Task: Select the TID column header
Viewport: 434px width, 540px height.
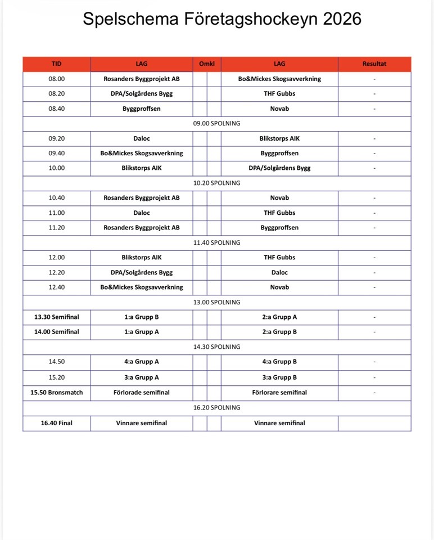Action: click(x=56, y=64)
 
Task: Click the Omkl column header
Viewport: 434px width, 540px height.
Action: click(x=207, y=64)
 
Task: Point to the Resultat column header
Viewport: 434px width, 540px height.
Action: click(x=374, y=64)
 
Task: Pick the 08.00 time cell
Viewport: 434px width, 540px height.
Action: click(x=56, y=79)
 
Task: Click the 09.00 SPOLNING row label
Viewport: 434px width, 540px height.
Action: click(x=216, y=123)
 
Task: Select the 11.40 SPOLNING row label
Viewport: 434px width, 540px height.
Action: click(x=216, y=242)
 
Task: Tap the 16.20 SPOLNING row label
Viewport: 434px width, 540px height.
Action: click(x=216, y=407)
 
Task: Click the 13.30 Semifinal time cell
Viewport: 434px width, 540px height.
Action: click(x=56, y=317)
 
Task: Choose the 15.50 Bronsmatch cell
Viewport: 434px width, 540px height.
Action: click(x=56, y=392)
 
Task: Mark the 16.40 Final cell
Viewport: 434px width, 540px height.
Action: click(x=56, y=423)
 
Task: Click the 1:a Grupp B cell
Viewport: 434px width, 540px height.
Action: click(x=142, y=317)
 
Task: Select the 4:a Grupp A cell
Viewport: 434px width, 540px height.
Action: click(x=142, y=362)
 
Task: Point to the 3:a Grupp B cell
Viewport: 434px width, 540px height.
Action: click(x=279, y=377)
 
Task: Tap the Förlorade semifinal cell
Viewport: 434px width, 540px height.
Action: click(x=142, y=392)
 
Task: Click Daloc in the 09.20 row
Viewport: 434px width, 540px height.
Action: click(x=142, y=138)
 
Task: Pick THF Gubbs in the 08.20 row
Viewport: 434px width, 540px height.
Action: click(x=279, y=93)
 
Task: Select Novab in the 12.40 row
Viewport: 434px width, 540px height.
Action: click(x=279, y=287)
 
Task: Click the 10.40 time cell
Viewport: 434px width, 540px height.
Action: click(x=56, y=198)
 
